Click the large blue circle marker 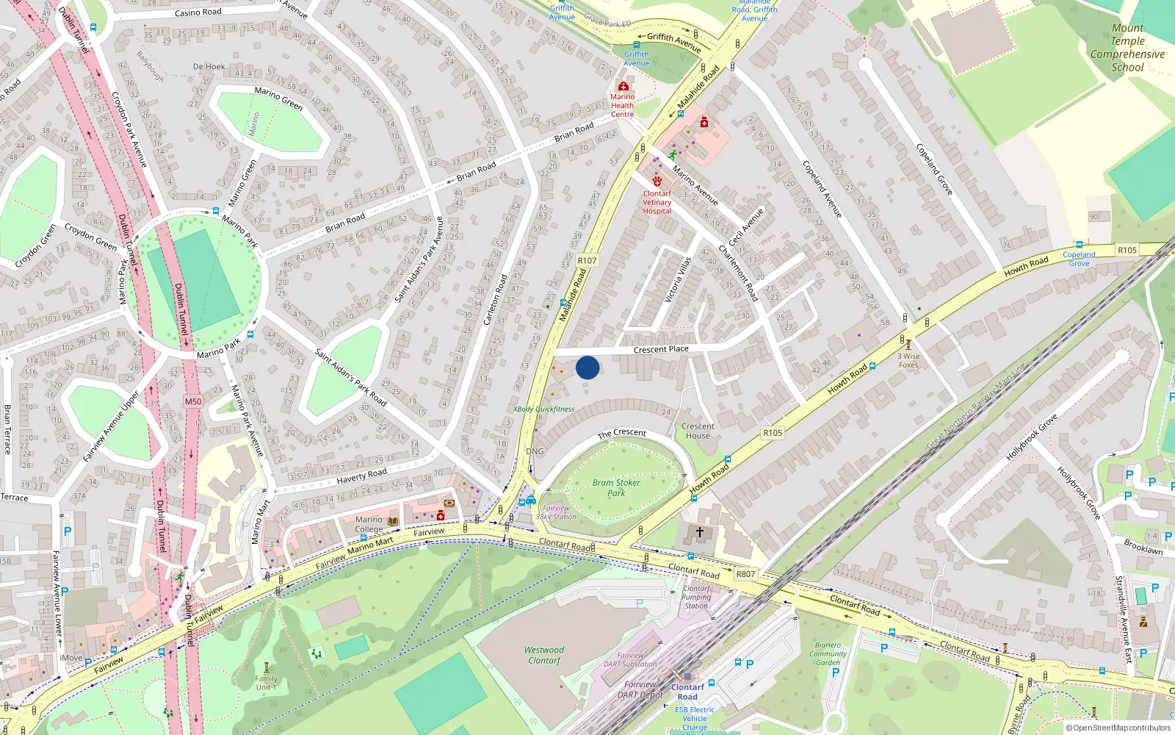coord(587,367)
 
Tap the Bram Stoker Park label coord(616,488)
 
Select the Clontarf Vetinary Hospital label coord(657,202)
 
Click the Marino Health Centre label coord(622,105)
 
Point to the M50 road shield coord(192,401)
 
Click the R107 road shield coord(587,260)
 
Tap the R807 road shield coord(745,574)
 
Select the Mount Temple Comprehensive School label coord(1127,48)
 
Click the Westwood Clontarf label coord(544,655)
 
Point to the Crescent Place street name coord(661,349)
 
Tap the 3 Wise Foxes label coord(908,360)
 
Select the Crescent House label coord(698,431)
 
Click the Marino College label coord(369,524)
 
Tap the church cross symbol coord(699,532)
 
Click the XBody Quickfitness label coord(543,409)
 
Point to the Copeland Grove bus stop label coord(1079,259)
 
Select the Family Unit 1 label coord(266,683)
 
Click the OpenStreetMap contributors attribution coord(1118,728)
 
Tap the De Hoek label coord(209,66)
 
